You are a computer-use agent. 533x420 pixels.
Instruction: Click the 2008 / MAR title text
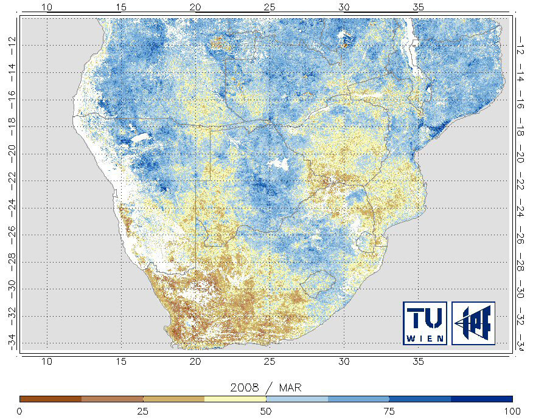(266, 387)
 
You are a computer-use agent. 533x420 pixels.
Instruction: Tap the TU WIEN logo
(425, 323)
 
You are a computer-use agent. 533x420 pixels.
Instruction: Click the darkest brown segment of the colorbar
(51, 399)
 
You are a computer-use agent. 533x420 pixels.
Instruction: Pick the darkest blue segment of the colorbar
(482, 399)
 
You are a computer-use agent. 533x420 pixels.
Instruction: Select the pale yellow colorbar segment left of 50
(235, 399)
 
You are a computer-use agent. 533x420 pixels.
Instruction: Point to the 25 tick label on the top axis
(270, 7)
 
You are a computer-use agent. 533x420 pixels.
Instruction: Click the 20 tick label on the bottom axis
(195, 362)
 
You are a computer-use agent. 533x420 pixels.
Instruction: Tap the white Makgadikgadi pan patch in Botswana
(279, 164)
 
